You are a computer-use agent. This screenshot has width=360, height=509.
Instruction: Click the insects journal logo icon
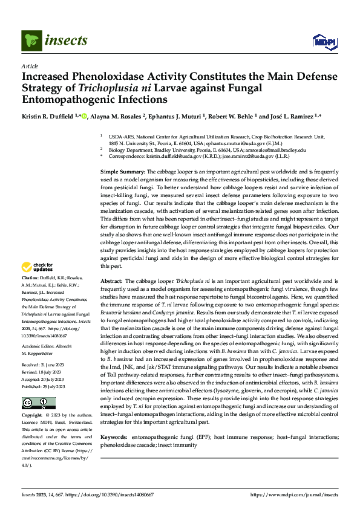point(31,41)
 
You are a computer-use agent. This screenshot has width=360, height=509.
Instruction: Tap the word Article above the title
point(30,65)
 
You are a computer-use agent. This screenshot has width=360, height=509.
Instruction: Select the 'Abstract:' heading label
point(111,281)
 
